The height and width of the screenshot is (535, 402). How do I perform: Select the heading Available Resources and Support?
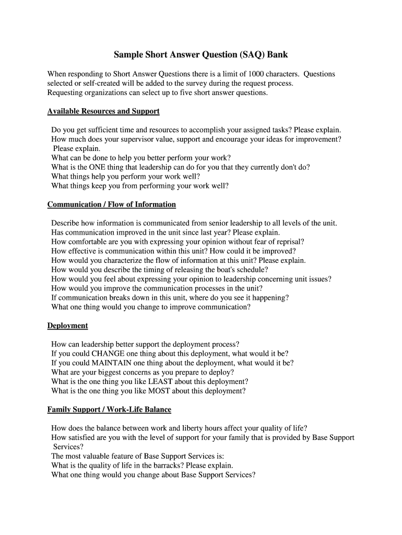pyautogui.click(x=103, y=111)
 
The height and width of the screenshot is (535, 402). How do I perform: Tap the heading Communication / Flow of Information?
pyautogui.click(x=112, y=204)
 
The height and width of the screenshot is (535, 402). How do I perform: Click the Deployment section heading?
pyautogui.click(x=67, y=325)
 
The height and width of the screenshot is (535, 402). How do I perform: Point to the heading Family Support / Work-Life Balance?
pyautogui.click(x=109, y=409)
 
